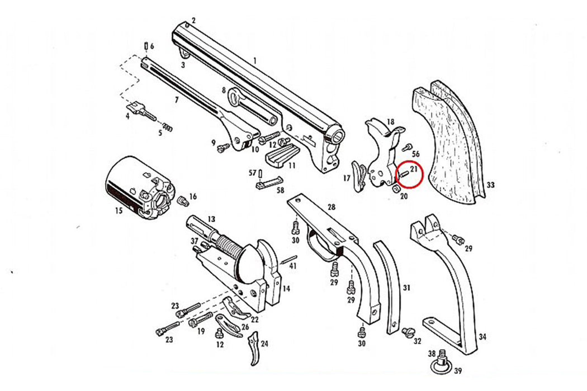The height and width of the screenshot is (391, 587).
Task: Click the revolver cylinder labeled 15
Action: [x=137, y=188]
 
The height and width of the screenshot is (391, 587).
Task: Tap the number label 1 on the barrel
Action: [x=254, y=60]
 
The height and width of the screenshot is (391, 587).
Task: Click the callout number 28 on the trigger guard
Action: [x=332, y=207]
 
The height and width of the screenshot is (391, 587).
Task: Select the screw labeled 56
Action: [x=406, y=147]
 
